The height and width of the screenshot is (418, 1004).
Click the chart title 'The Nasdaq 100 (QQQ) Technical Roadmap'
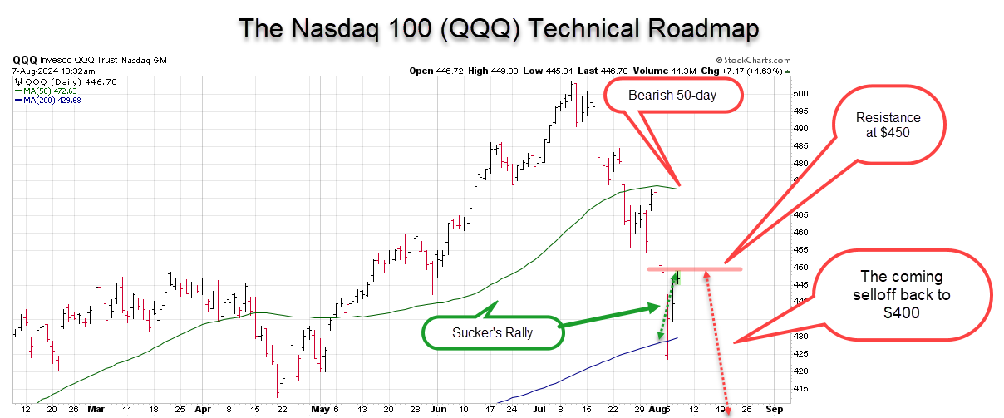tap(499, 28)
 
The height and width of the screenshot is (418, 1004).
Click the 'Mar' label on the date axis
tap(98, 410)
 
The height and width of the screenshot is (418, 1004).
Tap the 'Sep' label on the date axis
tap(774, 410)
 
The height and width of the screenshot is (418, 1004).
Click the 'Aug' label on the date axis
tap(657, 410)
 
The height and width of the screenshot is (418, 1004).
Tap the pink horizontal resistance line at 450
tap(695, 268)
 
